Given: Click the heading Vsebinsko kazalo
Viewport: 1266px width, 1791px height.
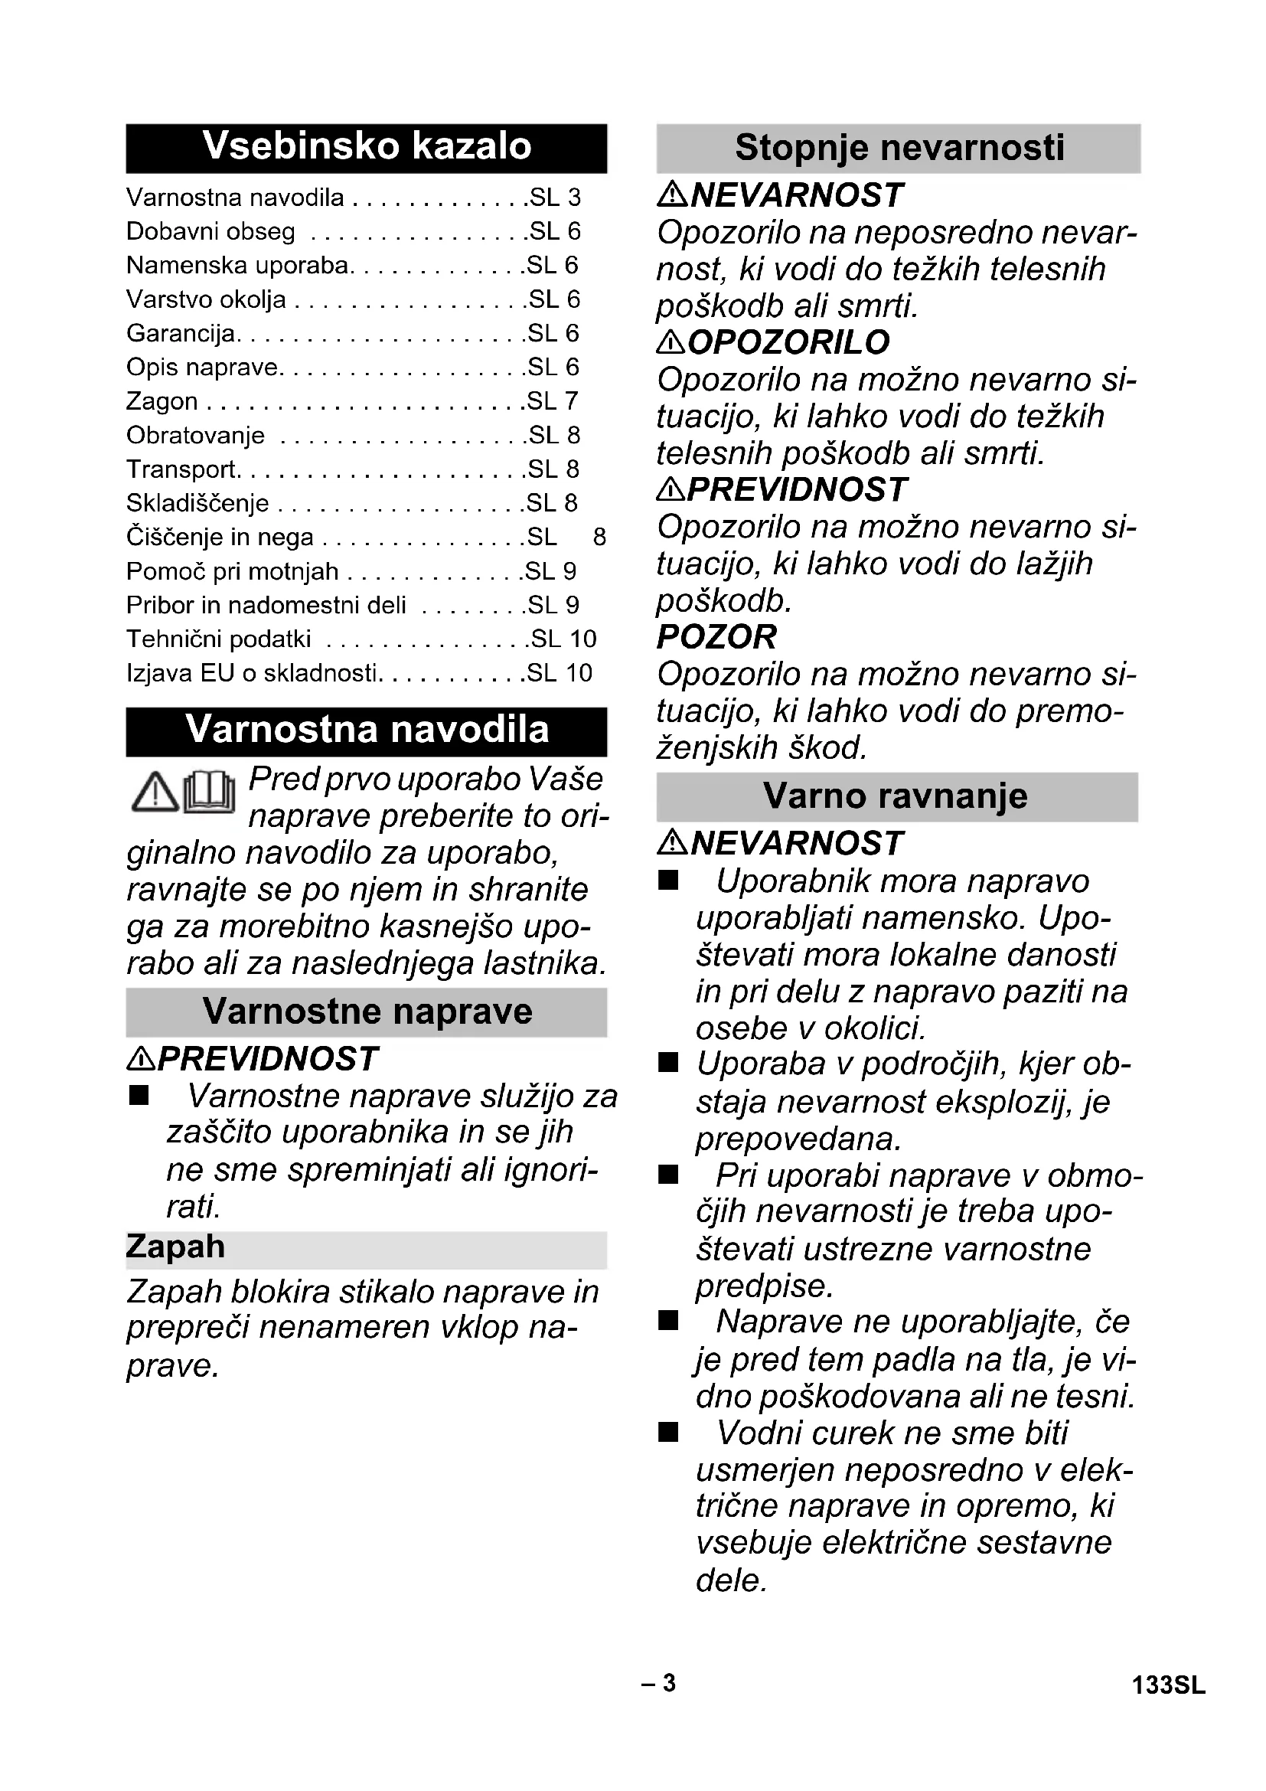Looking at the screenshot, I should pyautogui.click(x=367, y=147).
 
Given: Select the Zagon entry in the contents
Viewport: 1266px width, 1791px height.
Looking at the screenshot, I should pyautogui.click(x=162, y=402).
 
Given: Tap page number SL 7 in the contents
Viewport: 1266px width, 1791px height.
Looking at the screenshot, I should pyautogui.click(x=553, y=402).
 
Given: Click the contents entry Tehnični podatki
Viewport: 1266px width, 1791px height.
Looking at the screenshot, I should pyautogui.click(x=218, y=639).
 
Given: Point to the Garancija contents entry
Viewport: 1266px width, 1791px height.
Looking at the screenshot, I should pyautogui.click(x=181, y=334).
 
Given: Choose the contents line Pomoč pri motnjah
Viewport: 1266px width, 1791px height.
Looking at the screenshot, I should pyautogui.click(x=233, y=572).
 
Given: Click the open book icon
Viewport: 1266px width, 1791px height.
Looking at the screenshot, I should pyautogui.click(x=209, y=792).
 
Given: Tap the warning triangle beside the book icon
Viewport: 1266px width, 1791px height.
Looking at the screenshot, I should pyautogui.click(x=155, y=792).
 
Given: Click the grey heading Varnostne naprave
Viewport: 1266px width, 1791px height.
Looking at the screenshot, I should pyautogui.click(x=367, y=1012).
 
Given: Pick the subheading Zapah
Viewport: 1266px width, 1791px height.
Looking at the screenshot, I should pyautogui.click(x=175, y=1247).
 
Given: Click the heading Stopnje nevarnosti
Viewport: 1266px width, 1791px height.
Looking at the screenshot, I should pyautogui.click(x=899, y=149).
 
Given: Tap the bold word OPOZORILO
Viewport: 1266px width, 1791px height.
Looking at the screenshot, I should pyautogui.click(x=789, y=342).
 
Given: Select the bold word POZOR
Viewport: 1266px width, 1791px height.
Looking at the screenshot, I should pyautogui.click(x=716, y=637).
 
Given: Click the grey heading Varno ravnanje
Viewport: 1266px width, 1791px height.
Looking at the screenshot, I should pyautogui.click(x=896, y=796).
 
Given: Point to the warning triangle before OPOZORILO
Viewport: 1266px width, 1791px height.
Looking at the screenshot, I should pyautogui.click(x=671, y=342).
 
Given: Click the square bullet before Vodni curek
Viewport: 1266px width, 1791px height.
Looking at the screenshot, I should pyautogui.click(x=668, y=1432).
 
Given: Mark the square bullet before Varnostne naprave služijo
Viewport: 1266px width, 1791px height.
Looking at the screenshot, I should pyautogui.click(x=139, y=1096).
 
